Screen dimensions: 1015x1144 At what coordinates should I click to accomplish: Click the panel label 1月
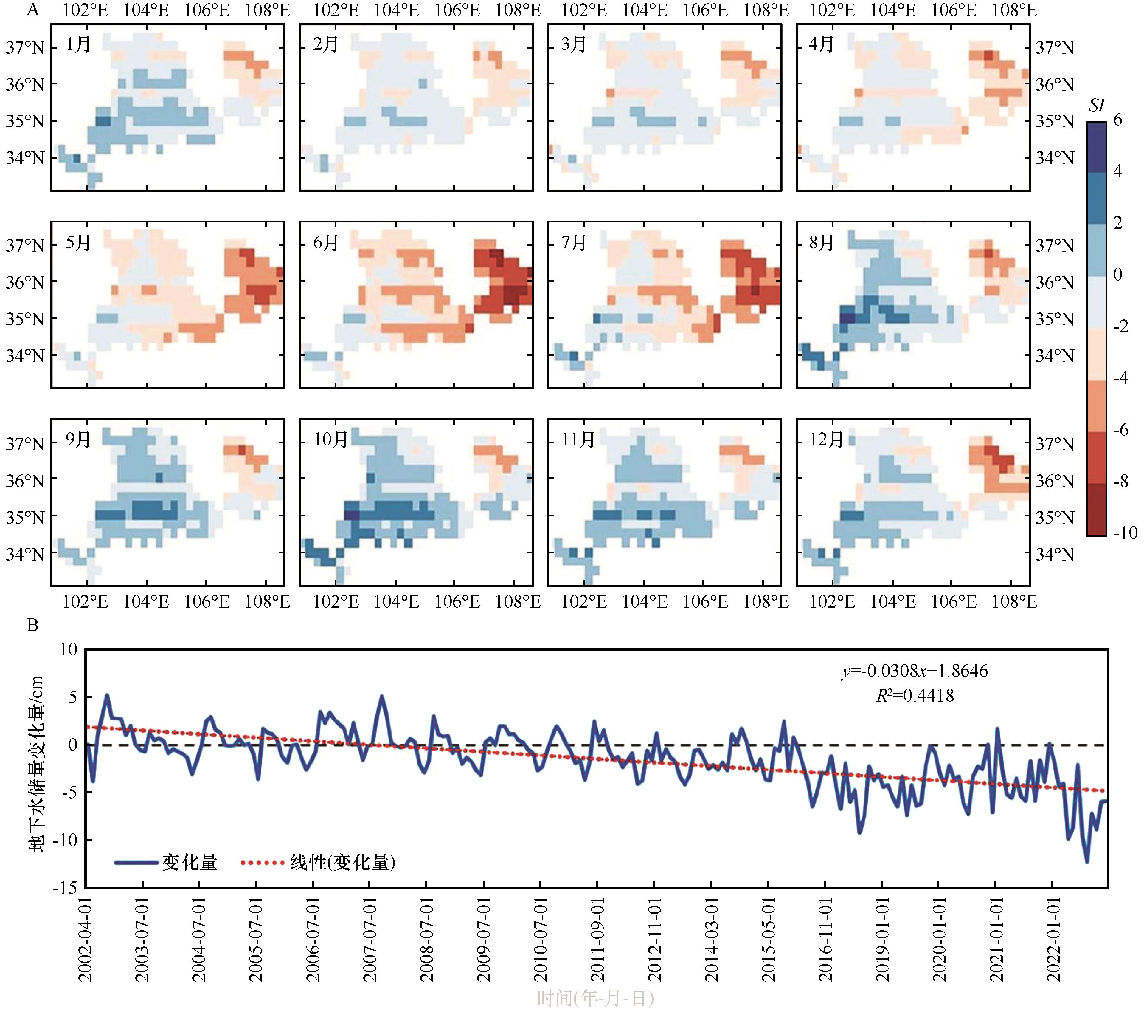point(78,44)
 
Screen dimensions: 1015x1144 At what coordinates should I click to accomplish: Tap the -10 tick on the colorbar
point(1125,533)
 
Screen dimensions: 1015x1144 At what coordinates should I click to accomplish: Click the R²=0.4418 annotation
point(915,696)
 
